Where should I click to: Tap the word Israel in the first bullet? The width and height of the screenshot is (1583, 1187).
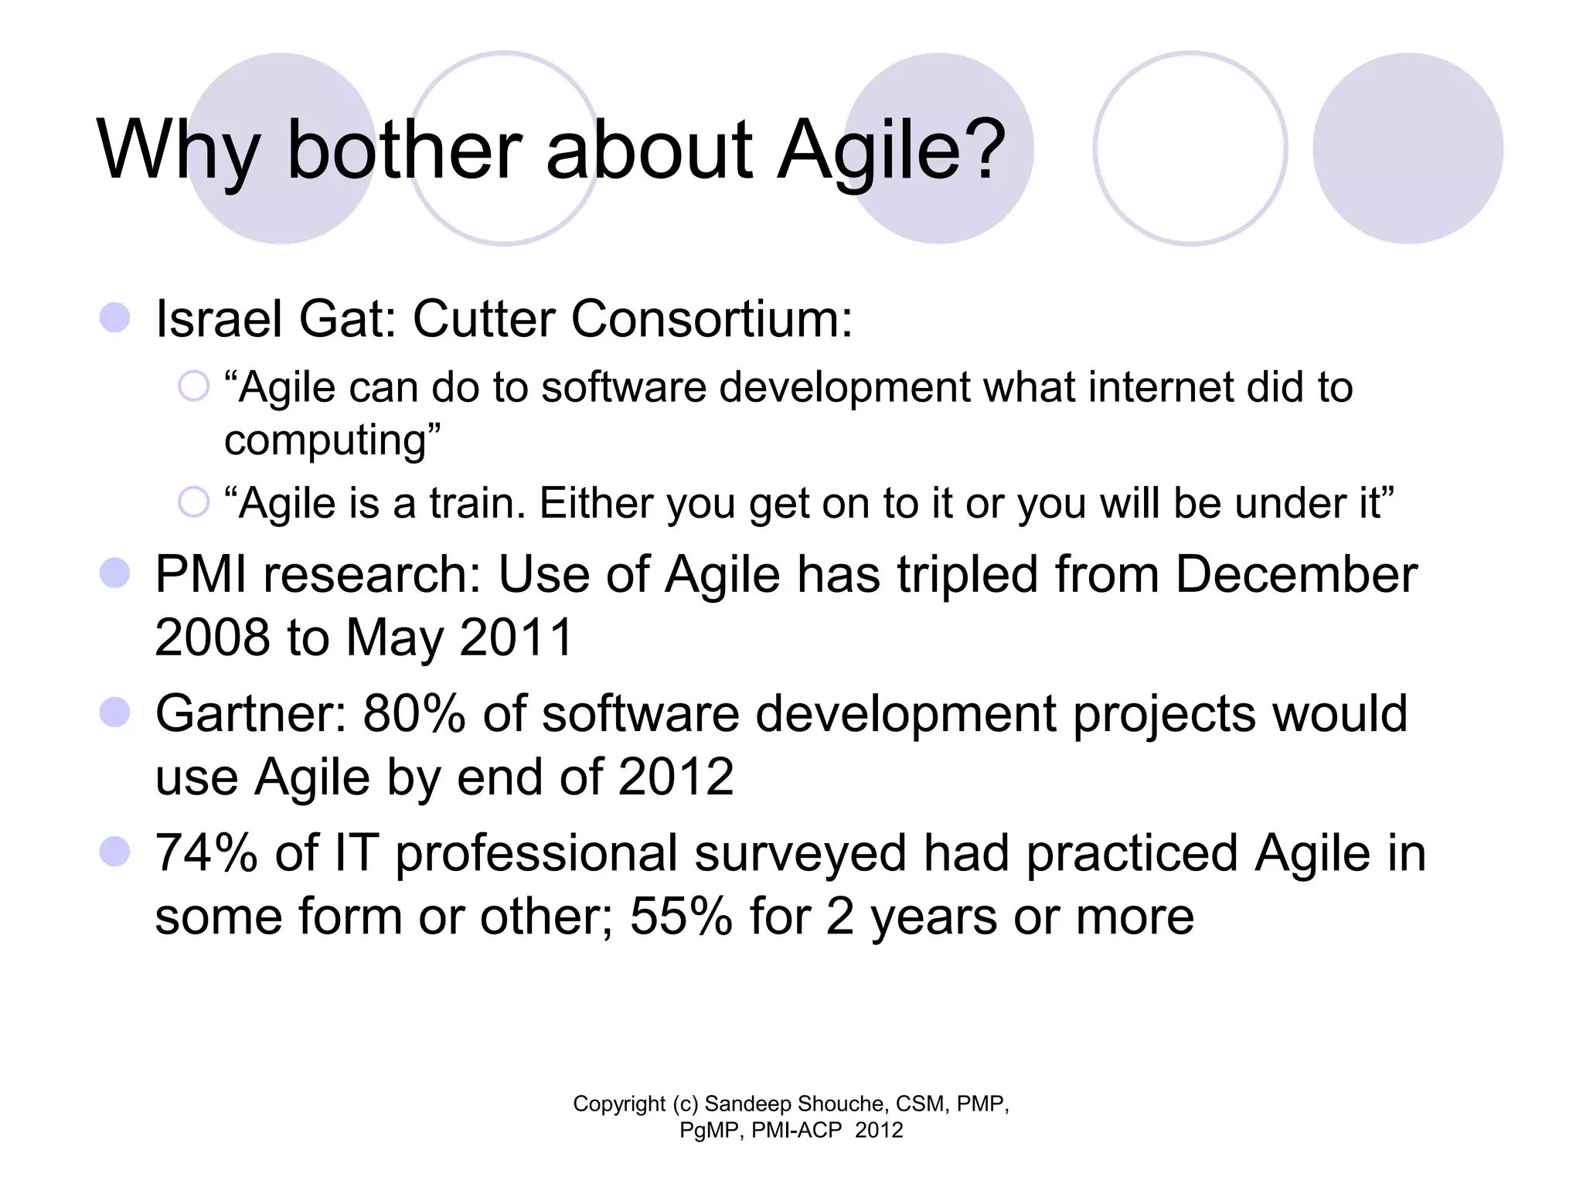219,318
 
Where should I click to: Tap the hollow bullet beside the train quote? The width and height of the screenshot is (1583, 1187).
193,502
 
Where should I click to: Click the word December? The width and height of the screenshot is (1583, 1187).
1296,575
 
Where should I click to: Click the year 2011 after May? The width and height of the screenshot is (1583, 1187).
516,638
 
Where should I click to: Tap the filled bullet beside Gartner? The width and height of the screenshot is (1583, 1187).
115,713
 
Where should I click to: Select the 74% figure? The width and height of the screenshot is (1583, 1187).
206,853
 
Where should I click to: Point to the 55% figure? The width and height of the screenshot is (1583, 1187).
681,917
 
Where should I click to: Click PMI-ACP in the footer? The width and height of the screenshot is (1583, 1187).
796,1131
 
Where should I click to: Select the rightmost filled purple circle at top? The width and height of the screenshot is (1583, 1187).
1408,148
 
